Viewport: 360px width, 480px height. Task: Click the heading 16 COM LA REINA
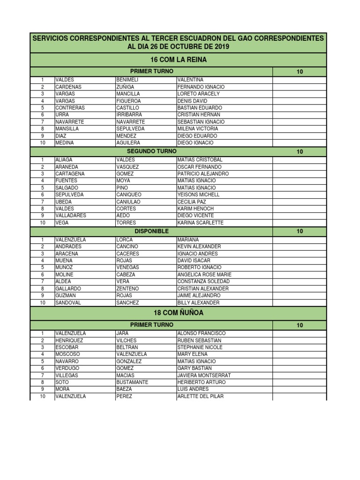click(178, 60)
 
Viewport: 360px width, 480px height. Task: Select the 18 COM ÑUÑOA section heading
click(178, 313)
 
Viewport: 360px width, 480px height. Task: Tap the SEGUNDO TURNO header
click(152, 151)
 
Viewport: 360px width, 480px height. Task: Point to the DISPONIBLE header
click(152, 231)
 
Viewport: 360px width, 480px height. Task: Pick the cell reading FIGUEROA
click(128, 101)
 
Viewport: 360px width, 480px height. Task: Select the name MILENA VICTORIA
click(198, 128)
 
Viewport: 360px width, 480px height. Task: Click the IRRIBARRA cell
click(128, 114)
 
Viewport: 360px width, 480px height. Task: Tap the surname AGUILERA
click(128, 142)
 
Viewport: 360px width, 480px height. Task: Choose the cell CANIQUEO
click(128, 195)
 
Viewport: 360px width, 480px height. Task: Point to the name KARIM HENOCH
click(195, 209)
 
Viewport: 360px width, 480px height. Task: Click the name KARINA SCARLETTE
click(200, 223)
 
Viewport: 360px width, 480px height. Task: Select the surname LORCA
click(124, 240)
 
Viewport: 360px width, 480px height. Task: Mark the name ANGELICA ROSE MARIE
click(204, 275)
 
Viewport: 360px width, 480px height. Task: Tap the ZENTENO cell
click(127, 289)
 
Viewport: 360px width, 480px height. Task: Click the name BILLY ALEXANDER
click(198, 303)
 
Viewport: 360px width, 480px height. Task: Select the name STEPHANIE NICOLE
click(200, 347)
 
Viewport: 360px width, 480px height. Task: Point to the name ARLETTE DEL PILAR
click(200, 397)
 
